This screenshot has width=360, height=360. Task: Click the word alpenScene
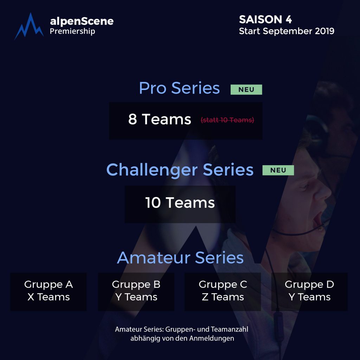(82, 21)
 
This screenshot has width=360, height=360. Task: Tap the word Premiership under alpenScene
(72, 31)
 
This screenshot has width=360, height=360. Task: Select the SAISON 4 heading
(265, 19)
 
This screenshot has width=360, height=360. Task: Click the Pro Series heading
(179, 88)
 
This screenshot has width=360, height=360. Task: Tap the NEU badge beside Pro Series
(246, 90)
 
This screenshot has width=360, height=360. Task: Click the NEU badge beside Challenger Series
(278, 170)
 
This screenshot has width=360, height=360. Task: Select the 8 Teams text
(160, 119)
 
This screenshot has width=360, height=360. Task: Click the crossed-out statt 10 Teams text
(227, 120)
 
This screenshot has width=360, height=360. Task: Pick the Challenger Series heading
(180, 170)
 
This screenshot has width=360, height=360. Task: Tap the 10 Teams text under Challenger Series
(180, 203)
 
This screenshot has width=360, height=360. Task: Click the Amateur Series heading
(180, 258)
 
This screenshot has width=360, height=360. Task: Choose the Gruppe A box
(49, 291)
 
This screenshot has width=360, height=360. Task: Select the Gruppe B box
(136, 291)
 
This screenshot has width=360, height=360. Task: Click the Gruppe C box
(223, 291)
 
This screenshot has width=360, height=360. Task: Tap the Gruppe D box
(309, 291)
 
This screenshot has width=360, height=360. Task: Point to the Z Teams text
(223, 297)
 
